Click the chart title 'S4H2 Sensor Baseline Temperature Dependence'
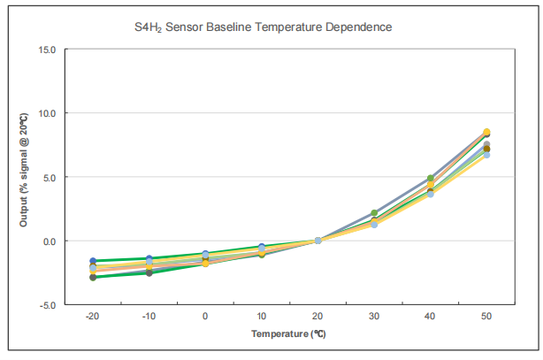257,27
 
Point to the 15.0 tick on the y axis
47,50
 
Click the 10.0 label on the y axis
47,113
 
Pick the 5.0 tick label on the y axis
50,177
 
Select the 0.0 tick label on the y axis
50,241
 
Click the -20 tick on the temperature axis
92,316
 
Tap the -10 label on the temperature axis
149,316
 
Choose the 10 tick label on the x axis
262,316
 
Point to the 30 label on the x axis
374,316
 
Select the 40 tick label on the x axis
431,316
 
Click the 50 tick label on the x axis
487,316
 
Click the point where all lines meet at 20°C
318,241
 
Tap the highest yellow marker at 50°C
486,132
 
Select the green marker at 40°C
431,179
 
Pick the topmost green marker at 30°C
374,213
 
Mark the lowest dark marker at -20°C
92,278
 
